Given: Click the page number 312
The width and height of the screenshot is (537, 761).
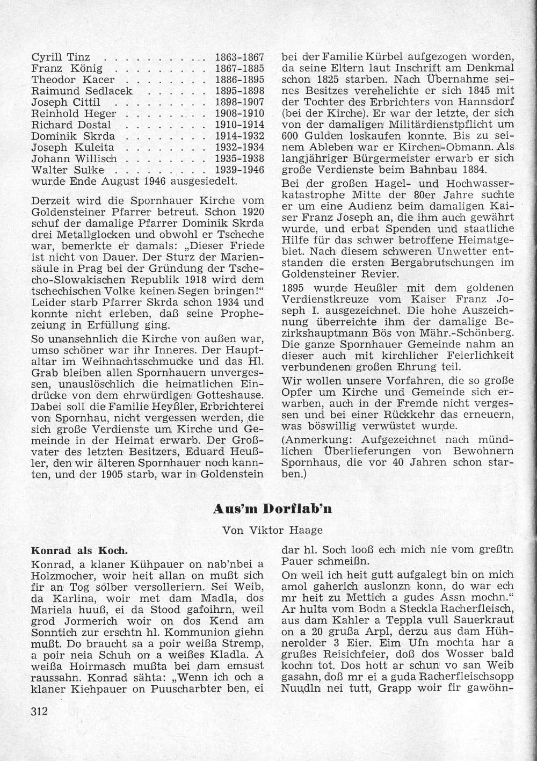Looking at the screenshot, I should click(40, 712).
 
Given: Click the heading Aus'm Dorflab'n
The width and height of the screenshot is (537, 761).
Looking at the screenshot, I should click(272, 509).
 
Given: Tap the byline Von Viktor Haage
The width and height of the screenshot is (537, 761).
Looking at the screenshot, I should click(273, 530).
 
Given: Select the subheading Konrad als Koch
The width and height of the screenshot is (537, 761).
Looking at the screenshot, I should click(79, 551).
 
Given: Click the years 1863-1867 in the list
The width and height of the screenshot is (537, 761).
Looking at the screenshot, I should click(240, 57).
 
